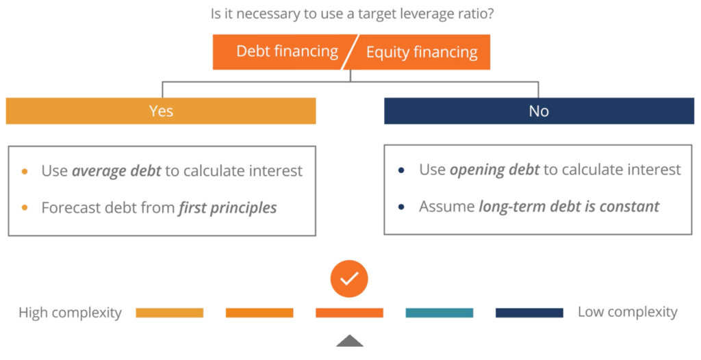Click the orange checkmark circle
(349, 279)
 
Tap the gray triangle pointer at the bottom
(350, 341)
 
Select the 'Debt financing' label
(287, 51)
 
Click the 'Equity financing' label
(422, 52)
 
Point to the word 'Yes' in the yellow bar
(161, 111)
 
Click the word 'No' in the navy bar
(539, 111)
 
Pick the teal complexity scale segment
(439, 313)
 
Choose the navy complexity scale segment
(529, 313)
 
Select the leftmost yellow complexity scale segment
(169, 313)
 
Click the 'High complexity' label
(70, 313)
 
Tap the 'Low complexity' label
(628, 312)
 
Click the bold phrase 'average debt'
(116, 171)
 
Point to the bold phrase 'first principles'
(228, 207)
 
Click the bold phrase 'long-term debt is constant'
(569, 206)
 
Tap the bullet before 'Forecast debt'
(25, 207)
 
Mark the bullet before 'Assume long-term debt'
(401, 206)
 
